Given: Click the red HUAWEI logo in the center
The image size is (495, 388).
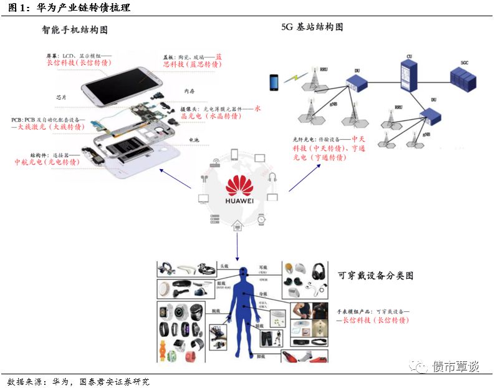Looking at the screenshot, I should [x=239, y=188].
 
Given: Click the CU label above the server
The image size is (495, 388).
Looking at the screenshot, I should [x=409, y=57].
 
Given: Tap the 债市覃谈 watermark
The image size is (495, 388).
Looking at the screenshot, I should [x=455, y=366].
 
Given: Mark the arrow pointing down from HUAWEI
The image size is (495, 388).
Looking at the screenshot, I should [x=238, y=245].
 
